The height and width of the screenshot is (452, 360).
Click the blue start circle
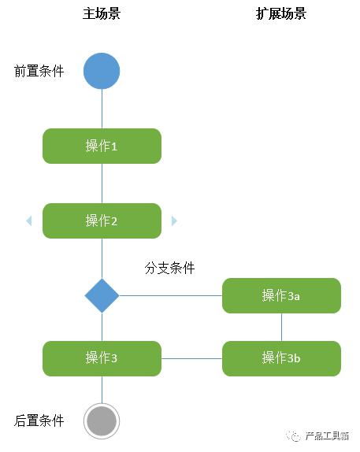[102, 71]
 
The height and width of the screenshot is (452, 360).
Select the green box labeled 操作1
[102, 146]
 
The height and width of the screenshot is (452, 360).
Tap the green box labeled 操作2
[102, 220]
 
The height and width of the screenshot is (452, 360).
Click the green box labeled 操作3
[102, 358]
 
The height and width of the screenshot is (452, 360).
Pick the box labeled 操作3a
[281, 295]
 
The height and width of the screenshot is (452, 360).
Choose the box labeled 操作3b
[281, 358]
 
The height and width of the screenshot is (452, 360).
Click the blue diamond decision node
[102, 295]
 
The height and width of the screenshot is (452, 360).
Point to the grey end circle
[102, 421]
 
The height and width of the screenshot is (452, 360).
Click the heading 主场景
[102, 13]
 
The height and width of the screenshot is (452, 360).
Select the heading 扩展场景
[281, 13]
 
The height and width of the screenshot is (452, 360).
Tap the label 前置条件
[39, 71]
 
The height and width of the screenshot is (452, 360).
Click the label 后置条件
[39, 421]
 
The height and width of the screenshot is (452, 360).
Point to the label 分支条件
[169, 268]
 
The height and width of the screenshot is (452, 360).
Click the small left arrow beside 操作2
[29, 220]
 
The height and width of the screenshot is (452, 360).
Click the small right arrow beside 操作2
[174, 220]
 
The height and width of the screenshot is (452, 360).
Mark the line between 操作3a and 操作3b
[281, 327]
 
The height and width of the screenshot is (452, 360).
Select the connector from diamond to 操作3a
[169, 295]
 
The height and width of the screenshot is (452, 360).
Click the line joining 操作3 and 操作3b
[191, 358]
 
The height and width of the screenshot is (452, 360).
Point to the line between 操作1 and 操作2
[102, 183]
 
